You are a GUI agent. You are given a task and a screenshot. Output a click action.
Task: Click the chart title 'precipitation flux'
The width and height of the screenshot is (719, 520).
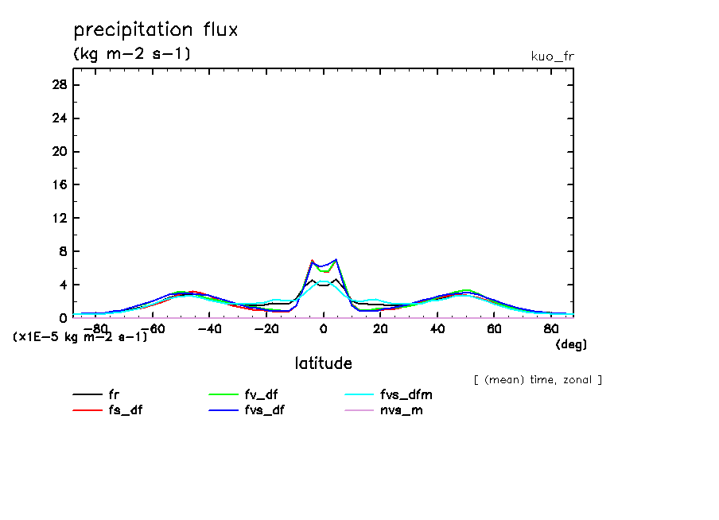(156, 30)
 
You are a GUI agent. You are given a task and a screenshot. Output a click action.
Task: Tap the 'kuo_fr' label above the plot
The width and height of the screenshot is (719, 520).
(552, 56)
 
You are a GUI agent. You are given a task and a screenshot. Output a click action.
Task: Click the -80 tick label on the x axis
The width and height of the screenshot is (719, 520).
(95, 328)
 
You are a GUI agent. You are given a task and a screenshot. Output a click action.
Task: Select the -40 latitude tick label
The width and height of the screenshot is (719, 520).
(208, 328)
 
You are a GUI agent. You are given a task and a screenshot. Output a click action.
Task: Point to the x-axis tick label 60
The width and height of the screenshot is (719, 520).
(494, 328)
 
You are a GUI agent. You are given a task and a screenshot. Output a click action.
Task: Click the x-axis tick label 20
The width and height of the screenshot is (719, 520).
(380, 328)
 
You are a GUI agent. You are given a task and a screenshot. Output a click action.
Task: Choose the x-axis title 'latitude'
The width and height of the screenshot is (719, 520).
(323, 363)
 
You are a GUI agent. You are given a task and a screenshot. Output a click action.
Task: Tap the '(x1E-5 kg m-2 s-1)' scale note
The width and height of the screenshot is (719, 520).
(80, 337)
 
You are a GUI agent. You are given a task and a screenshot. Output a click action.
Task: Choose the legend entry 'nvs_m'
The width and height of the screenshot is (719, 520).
(405, 410)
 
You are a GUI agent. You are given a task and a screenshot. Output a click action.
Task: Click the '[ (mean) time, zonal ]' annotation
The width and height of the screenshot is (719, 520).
(538, 380)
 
